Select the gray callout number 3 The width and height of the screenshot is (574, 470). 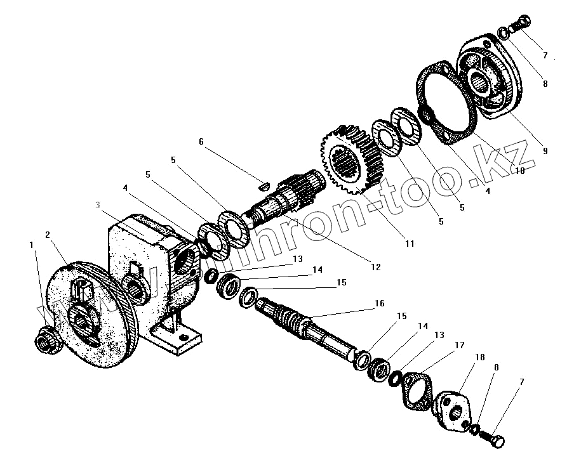[x=97, y=205]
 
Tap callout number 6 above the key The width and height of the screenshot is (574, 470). [x=201, y=141]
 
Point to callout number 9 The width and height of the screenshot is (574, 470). [x=545, y=151]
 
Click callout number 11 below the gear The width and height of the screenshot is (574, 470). [x=410, y=243]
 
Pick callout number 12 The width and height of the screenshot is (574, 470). [x=375, y=267]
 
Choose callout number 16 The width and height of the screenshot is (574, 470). [x=379, y=303]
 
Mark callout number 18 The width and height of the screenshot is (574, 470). [x=479, y=358]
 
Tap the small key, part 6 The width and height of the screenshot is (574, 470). [x=267, y=186]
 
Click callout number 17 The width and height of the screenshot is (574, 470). [x=459, y=346]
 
